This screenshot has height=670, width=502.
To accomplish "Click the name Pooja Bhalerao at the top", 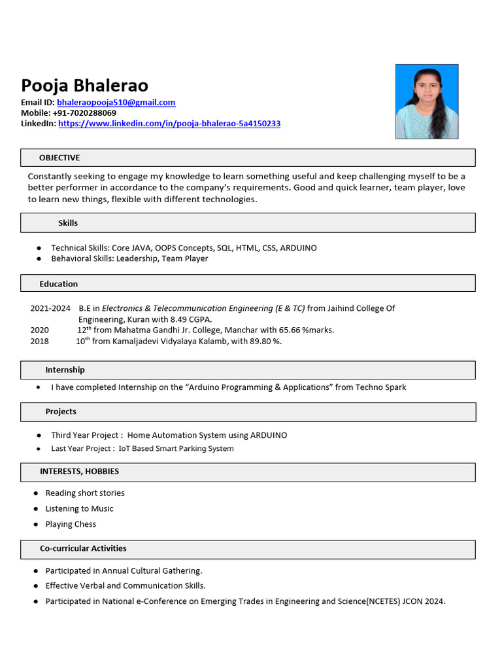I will point(84,86).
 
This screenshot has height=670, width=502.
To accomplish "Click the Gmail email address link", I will point(116,103).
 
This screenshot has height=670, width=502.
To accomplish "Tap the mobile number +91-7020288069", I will point(84,113).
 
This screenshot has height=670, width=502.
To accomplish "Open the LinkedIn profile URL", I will point(169,124).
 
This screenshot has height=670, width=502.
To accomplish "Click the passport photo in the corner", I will point(426,101).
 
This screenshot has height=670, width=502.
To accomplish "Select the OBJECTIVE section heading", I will point(59,158).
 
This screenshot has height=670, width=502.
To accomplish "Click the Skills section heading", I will point(68,223).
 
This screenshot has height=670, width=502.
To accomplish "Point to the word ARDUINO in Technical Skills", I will point(298,248).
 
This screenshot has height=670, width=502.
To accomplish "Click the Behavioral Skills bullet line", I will point(129,258).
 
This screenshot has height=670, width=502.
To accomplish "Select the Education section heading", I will point(58,284).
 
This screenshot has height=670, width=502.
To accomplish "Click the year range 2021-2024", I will point(50,308).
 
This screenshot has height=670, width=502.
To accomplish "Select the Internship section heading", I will point(65,370).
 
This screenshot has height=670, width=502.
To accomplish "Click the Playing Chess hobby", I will point(71,524).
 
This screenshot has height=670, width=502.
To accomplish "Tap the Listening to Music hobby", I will point(79,508).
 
